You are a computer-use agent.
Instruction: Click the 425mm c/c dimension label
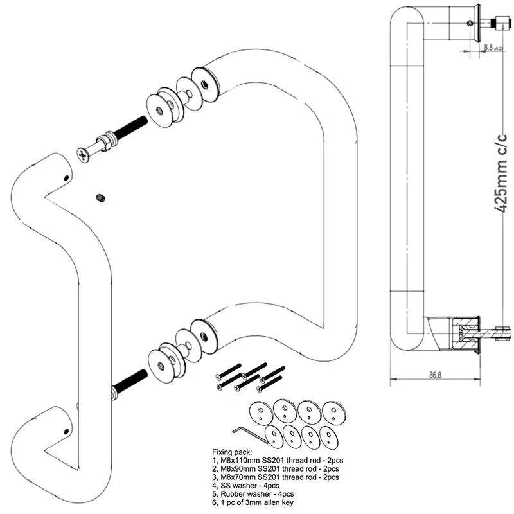point(501,173)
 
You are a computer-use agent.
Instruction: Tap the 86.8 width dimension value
point(436,375)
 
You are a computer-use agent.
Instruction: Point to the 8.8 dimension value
point(488,47)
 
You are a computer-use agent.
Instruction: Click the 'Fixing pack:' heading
point(232,452)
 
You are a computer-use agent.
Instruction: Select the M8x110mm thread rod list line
point(278,460)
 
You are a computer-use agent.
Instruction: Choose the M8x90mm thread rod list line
point(276,469)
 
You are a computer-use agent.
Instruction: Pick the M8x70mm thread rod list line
point(276,477)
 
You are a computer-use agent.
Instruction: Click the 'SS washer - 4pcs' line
point(245,486)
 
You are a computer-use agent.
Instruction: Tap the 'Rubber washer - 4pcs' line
point(253,494)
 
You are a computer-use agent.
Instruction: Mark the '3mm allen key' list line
point(253,502)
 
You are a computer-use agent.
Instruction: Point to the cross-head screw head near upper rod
point(83,155)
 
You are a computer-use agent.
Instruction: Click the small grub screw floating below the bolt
point(101,198)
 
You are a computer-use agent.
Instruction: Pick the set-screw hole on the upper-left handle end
point(67,179)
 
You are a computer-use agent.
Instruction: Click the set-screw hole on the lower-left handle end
point(67,431)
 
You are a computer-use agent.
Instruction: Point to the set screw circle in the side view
point(470,23)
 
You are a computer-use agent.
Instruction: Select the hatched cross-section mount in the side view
point(465,334)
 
